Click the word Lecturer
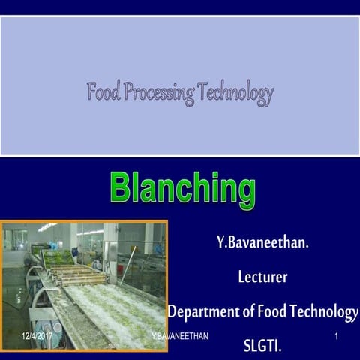pyautogui.click(x=262, y=277)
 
